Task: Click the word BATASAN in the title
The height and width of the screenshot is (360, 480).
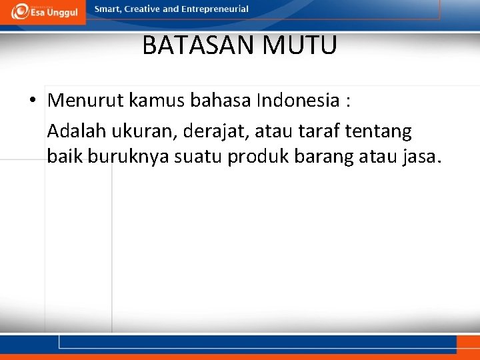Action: pos(199,46)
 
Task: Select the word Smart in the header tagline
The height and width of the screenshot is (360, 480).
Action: pos(108,9)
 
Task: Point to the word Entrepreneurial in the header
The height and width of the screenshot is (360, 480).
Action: pos(215,9)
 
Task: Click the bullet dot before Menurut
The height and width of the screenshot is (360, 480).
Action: pos(33,101)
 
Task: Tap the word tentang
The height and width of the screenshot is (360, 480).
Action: pos(381,132)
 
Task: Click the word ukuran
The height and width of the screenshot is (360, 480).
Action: pos(147,132)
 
